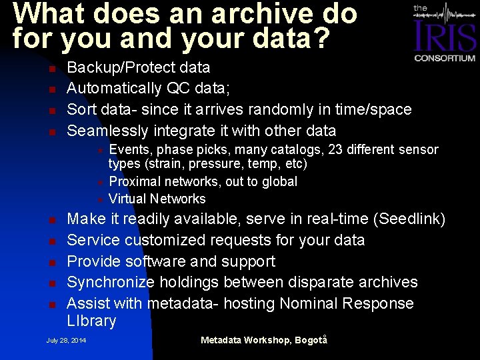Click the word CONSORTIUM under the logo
point(445,58)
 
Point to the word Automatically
point(115,88)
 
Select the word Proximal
point(135,181)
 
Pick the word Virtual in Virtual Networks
point(127,199)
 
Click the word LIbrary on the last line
point(91,321)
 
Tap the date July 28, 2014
point(66,340)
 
